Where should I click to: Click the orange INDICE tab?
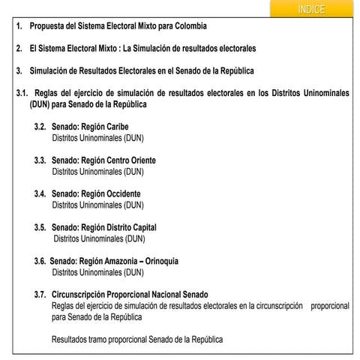pyautogui.click(x=310, y=9)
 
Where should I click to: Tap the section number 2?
pyautogui.click(x=19, y=49)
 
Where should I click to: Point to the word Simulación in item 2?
pyautogui.click(x=157, y=49)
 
